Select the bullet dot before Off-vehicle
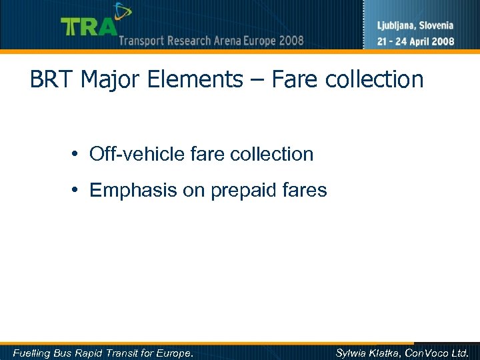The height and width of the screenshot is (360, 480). [77, 155]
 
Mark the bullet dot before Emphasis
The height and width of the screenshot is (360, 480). [77, 191]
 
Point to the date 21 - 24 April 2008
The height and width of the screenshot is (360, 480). [416, 41]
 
